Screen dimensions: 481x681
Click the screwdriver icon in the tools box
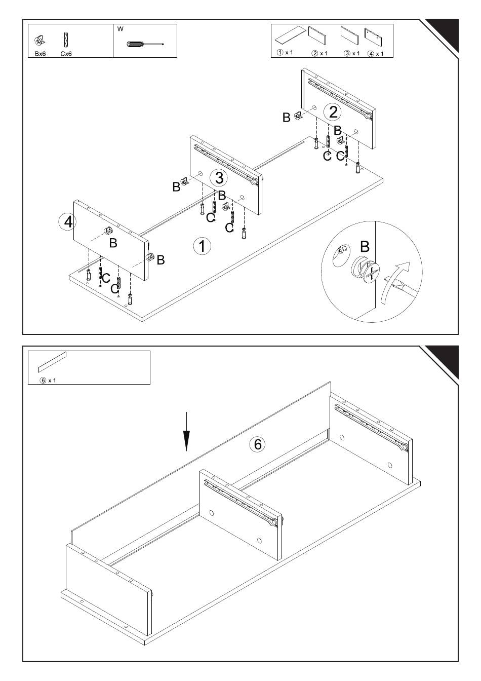point(145,45)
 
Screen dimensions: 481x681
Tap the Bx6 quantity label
point(41,54)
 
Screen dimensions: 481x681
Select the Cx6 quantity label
point(66,54)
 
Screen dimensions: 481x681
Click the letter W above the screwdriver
point(121,29)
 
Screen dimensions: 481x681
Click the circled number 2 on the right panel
point(333,112)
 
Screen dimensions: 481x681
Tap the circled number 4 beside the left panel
point(67,222)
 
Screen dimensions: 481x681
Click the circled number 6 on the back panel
point(257,444)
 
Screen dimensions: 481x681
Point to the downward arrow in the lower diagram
point(186,431)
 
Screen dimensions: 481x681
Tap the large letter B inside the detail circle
point(365,247)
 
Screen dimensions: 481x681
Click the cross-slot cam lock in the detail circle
point(366,270)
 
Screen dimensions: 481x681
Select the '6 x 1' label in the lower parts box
point(48,381)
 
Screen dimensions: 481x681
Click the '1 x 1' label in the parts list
point(285,52)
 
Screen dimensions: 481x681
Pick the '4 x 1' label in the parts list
point(376,54)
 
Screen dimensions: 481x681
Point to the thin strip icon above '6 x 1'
point(52,362)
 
